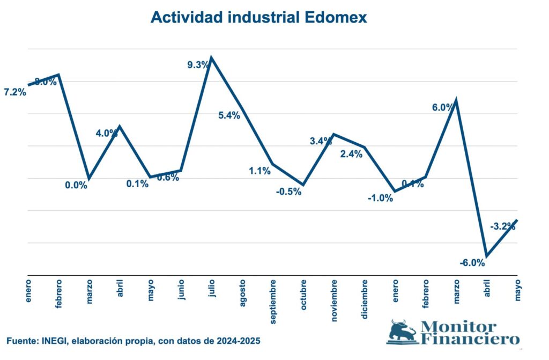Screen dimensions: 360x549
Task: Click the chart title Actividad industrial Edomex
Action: [x=259, y=17]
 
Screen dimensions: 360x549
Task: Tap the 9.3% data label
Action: [x=198, y=65]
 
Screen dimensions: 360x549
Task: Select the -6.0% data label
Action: [x=472, y=263]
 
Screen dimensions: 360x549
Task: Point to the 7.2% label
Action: [x=14, y=92]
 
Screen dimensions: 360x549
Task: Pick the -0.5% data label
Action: [x=289, y=192]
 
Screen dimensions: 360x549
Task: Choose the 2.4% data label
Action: [x=352, y=154]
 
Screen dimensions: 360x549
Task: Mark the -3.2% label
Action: [x=502, y=226]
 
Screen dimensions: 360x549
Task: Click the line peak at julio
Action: [x=211, y=57]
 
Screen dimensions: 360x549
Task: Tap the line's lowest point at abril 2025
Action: [x=487, y=256]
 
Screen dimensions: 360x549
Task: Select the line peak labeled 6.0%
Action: [x=456, y=100]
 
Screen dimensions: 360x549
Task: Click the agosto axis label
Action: [x=242, y=291]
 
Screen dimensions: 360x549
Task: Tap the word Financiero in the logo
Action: [x=470, y=339]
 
